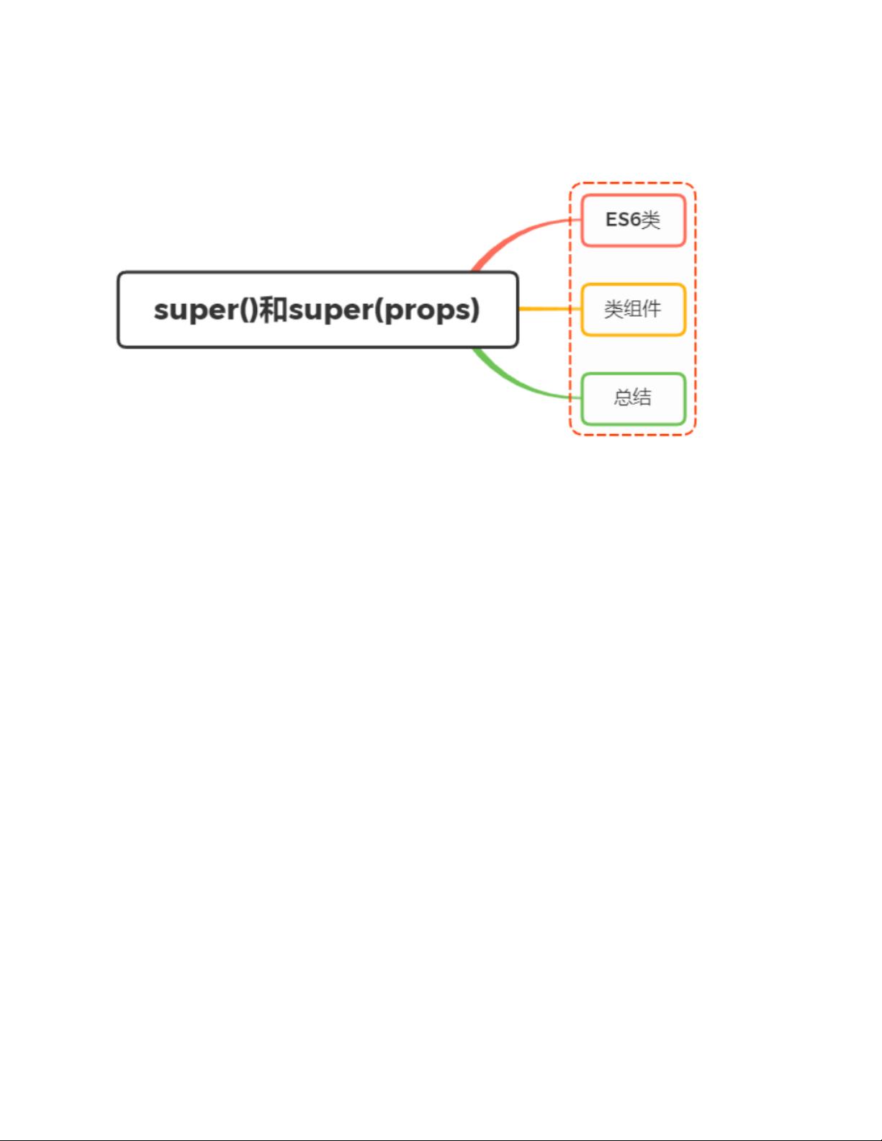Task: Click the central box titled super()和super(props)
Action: pyautogui.click(x=318, y=310)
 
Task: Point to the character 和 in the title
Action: pyautogui.click(x=274, y=310)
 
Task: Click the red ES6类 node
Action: pyautogui.click(x=633, y=220)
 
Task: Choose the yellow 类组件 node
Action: pyautogui.click(x=633, y=310)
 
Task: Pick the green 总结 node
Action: pyautogui.click(x=633, y=399)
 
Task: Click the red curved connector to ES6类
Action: pyautogui.click(x=517, y=233)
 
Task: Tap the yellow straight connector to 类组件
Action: pyautogui.click(x=550, y=309)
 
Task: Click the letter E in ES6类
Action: pyautogui.click(x=611, y=220)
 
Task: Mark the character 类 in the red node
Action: pyautogui.click(x=650, y=220)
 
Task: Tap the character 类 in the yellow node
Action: pyautogui.click(x=613, y=310)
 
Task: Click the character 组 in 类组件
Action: pyautogui.click(x=633, y=310)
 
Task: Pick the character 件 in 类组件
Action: pyautogui.click(x=652, y=310)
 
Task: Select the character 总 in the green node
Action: pyautogui.click(x=624, y=397)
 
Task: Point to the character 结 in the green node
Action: pyautogui.click(x=642, y=397)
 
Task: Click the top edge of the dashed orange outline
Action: pyautogui.click(x=633, y=184)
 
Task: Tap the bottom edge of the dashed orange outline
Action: pyautogui.click(x=633, y=435)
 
